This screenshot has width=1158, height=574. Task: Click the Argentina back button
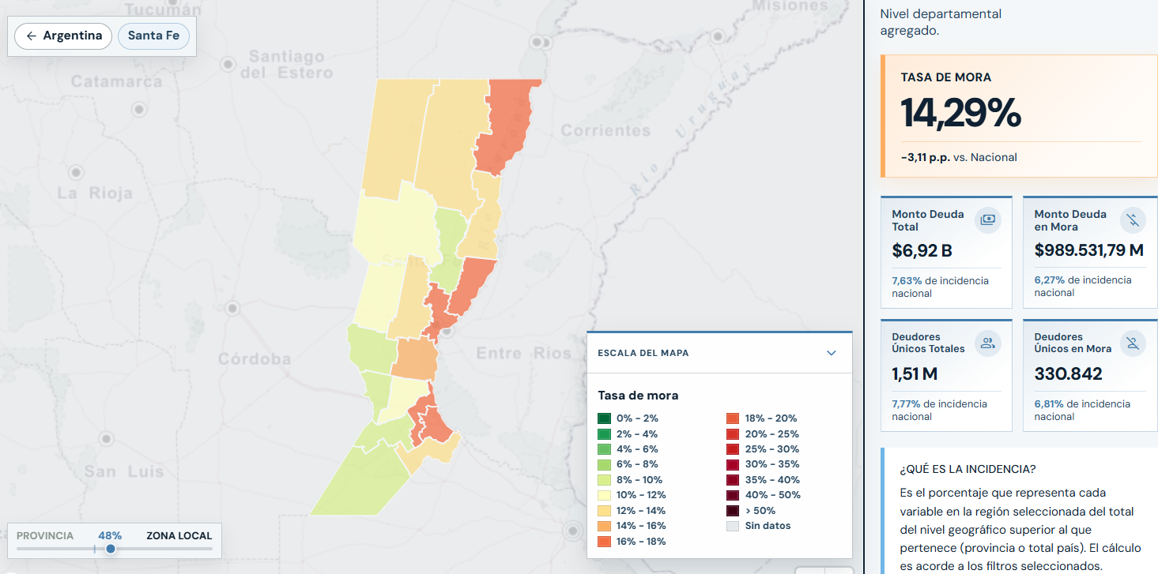click(63, 36)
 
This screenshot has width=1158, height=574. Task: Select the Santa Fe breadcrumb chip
click(153, 36)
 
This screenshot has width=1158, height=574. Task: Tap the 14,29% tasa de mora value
click(960, 113)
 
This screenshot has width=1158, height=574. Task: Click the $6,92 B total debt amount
click(922, 251)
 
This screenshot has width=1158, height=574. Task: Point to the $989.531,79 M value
click(1088, 250)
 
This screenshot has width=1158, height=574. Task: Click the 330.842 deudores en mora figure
click(1068, 373)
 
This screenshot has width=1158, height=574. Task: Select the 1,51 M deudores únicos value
click(915, 373)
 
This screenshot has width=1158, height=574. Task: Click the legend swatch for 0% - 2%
click(604, 418)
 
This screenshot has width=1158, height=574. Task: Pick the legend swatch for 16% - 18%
click(604, 542)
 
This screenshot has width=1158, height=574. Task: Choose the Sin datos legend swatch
click(733, 526)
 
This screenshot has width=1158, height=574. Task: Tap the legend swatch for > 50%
click(733, 511)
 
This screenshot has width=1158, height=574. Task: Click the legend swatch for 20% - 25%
click(733, 434)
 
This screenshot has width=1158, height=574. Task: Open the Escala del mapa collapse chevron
click(832, 353)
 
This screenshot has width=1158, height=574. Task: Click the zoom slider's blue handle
click(111, 549)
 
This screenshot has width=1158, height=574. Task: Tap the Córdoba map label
click(255, 358)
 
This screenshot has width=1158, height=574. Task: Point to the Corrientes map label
click(606, 130)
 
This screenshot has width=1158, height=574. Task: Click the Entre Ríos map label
click(524, 353)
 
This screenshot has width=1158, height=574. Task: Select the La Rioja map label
click(95, 193)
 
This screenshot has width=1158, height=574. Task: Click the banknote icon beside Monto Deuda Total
click(988, 220)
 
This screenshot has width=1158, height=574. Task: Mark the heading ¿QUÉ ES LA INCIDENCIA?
click(968, 469)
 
